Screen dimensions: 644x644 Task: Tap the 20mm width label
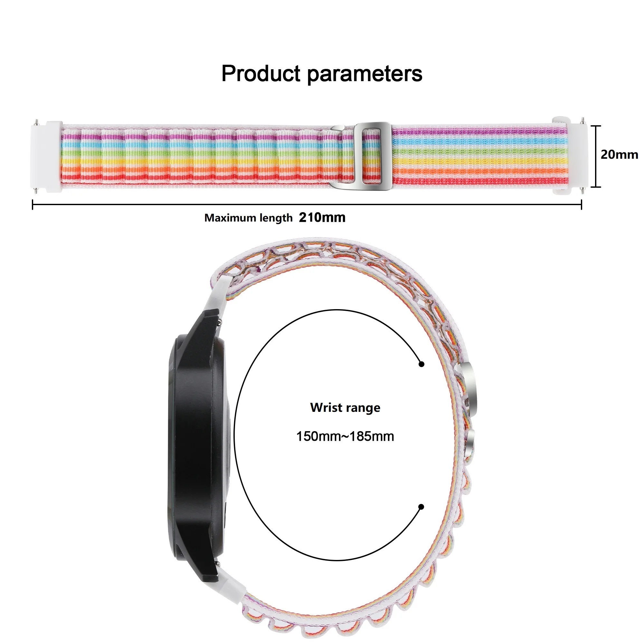[619, 155]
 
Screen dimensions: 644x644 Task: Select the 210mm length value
[322, 218]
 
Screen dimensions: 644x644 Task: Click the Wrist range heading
[345, 408]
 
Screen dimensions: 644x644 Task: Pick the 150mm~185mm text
[345, 436]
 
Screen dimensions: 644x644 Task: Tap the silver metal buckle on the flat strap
[372, 156]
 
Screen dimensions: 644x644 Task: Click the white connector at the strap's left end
[47, 156]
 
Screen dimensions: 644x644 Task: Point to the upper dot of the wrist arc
[422, 364]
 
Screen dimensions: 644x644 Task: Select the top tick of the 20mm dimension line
[596, 126]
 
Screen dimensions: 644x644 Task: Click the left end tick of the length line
[32, 205]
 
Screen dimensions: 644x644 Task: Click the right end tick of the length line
[581, 205]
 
